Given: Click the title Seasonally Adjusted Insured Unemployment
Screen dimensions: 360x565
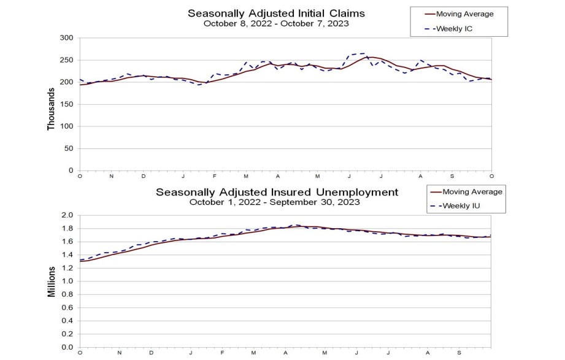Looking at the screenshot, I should pos(277,192).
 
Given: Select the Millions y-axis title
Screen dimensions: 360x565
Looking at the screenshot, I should pos(52,281).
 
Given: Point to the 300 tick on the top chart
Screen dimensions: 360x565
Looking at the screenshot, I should pos(67,38).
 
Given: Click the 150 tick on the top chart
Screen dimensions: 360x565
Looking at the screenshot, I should pos(67,104).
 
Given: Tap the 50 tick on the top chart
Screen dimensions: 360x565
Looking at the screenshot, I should pos(69,148).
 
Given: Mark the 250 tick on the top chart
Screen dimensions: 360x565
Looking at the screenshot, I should pos(67,60).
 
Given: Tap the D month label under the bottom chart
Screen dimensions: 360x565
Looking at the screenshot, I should pos(152,353).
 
